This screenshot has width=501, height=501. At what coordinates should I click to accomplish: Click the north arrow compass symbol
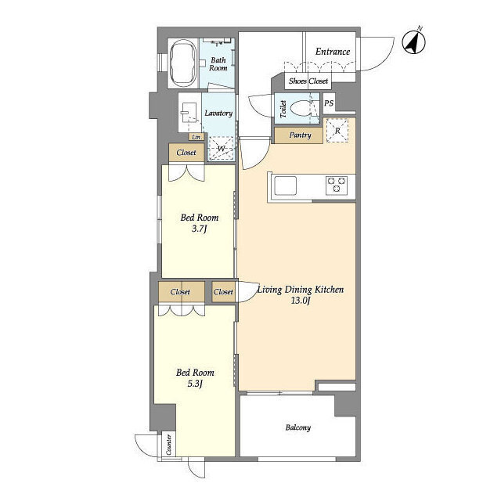pos(414,41)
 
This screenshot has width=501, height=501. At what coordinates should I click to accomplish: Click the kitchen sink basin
pos(285,186)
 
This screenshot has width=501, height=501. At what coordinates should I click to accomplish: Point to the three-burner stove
pos(337,185)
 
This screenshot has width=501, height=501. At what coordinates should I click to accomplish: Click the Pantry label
pos(300,135)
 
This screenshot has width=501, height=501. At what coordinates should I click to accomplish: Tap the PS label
pos(329,103)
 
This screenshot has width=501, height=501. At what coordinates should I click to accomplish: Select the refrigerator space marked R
pos(337,131)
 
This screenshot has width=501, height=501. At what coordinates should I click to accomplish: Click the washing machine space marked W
pos(221,149)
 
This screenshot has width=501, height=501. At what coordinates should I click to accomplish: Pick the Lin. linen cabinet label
pos(196,137)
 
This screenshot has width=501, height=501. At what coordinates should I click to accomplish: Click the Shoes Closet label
pos(308,81)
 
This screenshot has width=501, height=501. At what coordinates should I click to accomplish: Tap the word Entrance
pos(333,52)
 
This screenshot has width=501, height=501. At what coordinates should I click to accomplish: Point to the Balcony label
pos(297,427)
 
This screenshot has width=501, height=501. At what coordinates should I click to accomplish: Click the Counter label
pos(169,445)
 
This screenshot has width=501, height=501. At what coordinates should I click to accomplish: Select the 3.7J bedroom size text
pos(200,229)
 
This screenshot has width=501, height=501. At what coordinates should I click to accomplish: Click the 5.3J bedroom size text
pos(195,384)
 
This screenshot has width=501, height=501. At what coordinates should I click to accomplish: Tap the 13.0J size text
pos(301,301)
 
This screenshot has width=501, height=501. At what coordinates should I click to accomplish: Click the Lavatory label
pos(218,113)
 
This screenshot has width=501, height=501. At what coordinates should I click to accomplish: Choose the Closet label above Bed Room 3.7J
pos(186,153)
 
